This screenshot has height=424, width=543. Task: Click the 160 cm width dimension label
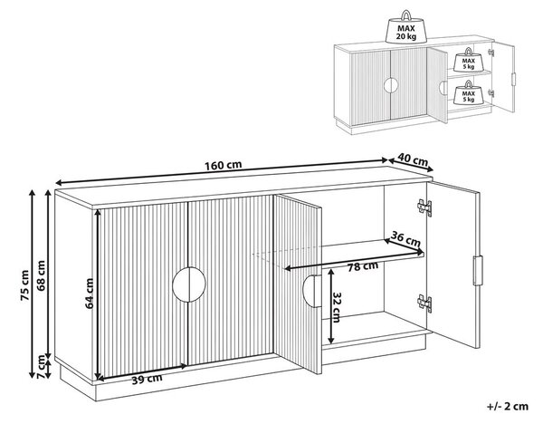[x=223, y=165]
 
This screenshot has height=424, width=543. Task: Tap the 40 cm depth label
[x=413, y=159]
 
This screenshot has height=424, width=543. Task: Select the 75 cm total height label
[x=24, y=285]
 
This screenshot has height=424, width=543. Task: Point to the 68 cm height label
[x=41, y=276]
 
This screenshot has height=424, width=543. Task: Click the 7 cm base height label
[x=41, y=366]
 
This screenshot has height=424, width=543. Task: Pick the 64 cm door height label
[x=90, y=294]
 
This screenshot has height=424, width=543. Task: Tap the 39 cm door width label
[x=147, y=379]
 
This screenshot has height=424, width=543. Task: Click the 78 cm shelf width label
[x=363, y=266]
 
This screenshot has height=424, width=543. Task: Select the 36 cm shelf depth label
[x=405, y=238]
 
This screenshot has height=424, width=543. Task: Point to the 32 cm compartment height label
[x=337, y=307]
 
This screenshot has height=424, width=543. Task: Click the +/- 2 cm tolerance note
[x=508, y=406]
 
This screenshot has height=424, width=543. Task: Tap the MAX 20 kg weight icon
[x=405, y=27]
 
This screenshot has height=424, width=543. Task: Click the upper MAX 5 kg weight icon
[x=468, y=60]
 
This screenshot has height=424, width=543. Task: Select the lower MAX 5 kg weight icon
[x=468, y=92]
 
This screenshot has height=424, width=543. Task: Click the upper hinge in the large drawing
[x=424, y=207]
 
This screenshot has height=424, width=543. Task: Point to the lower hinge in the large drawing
[x=424, y=304]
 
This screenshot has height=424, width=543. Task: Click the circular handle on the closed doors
[x=189, y=284]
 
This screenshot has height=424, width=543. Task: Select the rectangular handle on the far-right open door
[x=478, y=270]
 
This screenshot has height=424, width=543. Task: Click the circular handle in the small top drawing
[x=391, y=85]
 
